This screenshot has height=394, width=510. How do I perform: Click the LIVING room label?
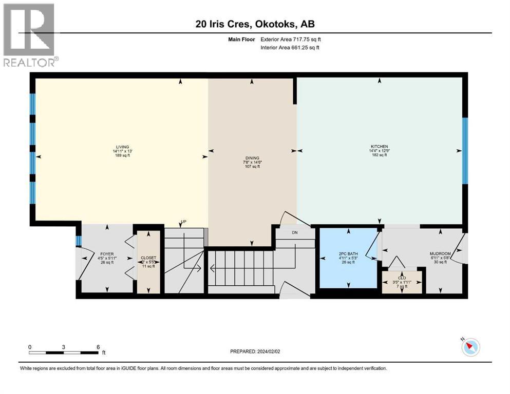click(x=122, y=146)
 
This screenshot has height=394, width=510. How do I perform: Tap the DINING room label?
click(x=252, y=158)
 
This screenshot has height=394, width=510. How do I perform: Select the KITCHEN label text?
click(x=381, y=146)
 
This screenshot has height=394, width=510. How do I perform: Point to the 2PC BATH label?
click(x=348, y=253)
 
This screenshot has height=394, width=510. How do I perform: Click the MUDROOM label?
click(x=440, y=253)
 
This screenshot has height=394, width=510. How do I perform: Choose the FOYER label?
click(x=106, y=253)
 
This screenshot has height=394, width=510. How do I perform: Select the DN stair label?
click(x=295, y=232)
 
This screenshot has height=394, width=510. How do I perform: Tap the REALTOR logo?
click(x=29, y=35)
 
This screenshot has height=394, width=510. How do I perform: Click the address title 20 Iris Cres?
click(x=254, y=24)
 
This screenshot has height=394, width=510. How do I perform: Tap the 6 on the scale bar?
click(x=98, y=346)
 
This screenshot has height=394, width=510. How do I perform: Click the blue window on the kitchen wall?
click(x=465, y=150)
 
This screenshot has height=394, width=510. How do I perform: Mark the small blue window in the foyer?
click(x=78, y=241)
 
